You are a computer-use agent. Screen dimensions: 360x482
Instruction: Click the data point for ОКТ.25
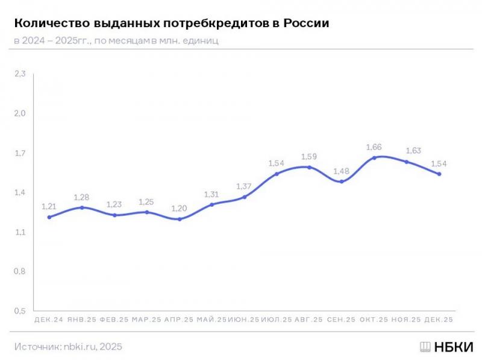click(374, 158)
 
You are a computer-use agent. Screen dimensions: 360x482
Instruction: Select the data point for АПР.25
click(180, 219)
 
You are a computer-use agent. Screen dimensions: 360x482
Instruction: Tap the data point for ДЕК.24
click(49, 217)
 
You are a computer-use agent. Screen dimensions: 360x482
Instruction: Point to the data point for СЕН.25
click(342, 182)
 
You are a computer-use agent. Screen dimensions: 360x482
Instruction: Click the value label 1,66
click(374, 147)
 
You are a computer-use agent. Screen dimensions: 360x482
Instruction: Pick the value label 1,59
click(309, 156)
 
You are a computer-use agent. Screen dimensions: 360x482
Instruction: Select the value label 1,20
click(180, 207)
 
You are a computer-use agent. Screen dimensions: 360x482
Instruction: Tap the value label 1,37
click(244, 186)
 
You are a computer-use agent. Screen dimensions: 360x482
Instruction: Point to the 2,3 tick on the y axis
click(20, 74)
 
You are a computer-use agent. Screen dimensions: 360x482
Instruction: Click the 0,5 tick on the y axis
click(20, 311)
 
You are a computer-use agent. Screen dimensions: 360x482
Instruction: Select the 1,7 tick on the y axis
click(20, 153)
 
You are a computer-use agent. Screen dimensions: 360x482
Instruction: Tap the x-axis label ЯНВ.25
click(82, 320)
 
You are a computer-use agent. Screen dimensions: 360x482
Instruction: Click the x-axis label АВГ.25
click(309, 320)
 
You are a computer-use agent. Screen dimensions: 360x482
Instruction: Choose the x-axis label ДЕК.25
click(439, 320)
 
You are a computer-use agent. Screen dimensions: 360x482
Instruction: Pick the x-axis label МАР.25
click(147, 320)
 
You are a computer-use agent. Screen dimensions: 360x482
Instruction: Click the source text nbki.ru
click(80, 347)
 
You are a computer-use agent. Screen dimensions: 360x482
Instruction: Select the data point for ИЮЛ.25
click(277, 174)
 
